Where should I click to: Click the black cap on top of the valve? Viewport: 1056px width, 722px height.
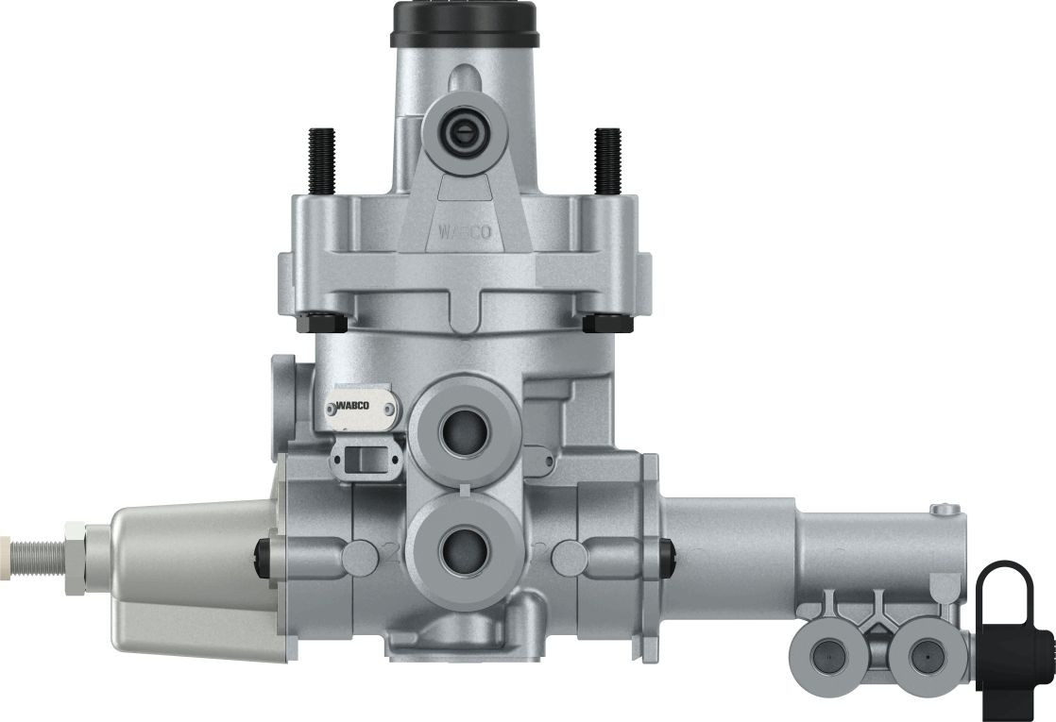tap(464, 24)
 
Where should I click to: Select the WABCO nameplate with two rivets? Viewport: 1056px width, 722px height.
tap(362, 407)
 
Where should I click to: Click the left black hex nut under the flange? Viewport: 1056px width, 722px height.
tap(321, 323)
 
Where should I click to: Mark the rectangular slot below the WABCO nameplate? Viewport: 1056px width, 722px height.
tap(365, 460)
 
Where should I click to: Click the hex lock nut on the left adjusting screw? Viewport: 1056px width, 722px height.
tap(73, 546)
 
